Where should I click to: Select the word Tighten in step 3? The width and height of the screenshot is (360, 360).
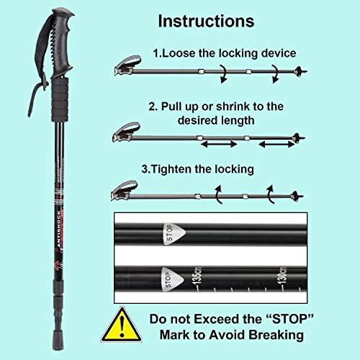176,170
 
